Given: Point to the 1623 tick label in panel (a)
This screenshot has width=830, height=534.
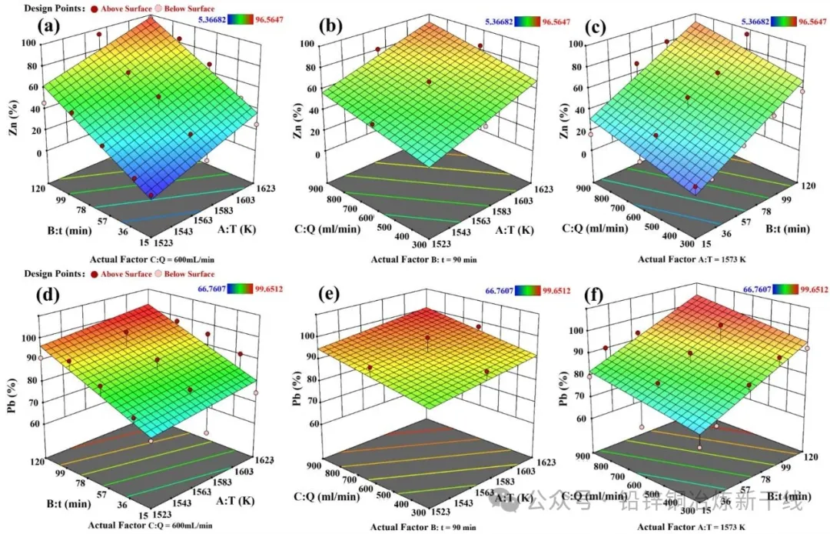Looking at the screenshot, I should pos(265,185).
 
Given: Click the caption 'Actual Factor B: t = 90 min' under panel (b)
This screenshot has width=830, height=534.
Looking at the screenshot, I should pos(424,259).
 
